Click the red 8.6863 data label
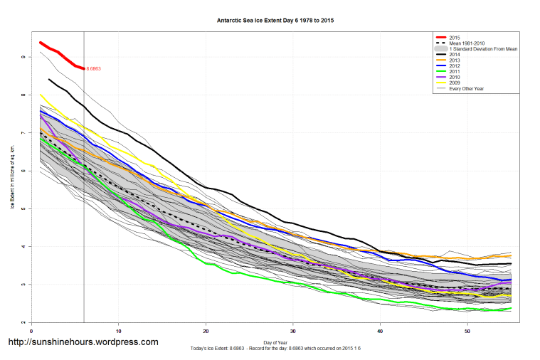click(93, 69)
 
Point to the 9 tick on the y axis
click(23, 57)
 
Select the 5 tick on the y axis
click(23, 209)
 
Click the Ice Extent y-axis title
click(12, 178)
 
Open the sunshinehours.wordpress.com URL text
click(83, 342)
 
